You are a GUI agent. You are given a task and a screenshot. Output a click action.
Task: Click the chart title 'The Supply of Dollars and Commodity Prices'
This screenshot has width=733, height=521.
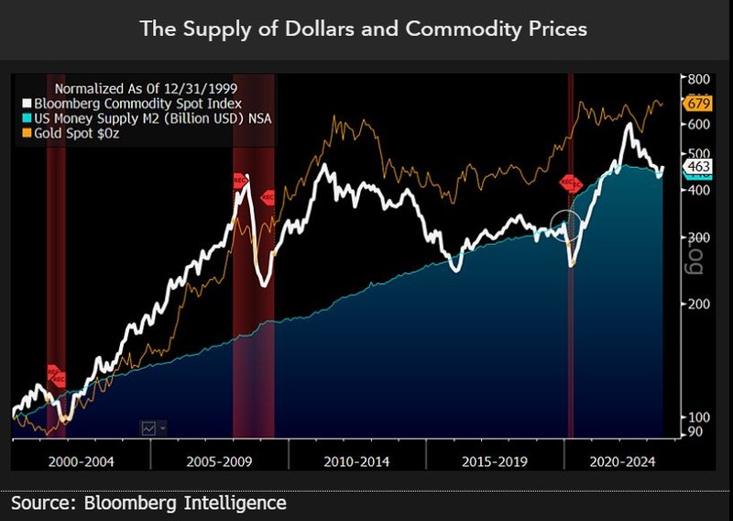(364, 28)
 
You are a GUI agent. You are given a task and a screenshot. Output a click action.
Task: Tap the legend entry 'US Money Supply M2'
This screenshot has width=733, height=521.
(148, 118)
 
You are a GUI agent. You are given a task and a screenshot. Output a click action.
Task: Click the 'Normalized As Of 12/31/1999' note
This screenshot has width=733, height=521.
(133, 89)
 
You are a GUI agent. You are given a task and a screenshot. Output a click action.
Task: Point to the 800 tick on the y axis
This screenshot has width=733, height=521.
(699, 79)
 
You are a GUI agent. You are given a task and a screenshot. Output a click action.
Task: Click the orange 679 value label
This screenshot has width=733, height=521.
(698, 102)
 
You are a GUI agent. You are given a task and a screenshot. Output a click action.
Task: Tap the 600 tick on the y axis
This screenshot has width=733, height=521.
(699, 124)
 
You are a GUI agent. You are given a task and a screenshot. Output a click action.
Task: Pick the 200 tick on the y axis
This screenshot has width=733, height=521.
(699, 304)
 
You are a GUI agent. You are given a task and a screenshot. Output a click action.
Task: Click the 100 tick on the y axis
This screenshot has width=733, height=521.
(699, 416)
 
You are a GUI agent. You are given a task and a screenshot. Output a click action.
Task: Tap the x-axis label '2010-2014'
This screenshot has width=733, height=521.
(357, 460)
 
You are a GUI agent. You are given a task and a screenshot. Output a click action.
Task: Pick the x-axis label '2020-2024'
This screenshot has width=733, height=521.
(623, 460)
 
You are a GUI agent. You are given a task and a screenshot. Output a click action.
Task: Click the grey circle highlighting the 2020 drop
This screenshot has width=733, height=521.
(566, 226)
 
